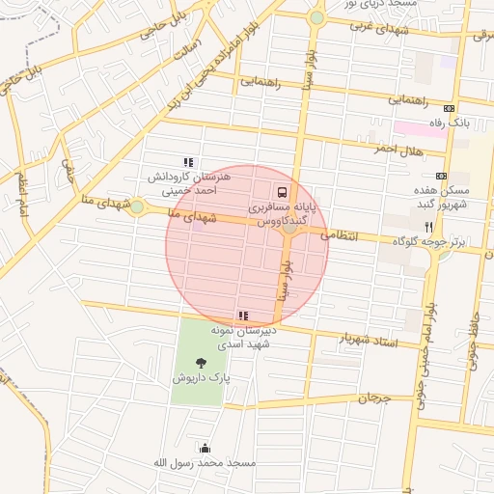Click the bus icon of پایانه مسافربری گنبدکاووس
click(x=281, y=192)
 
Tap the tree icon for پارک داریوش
click(x=200, y=363)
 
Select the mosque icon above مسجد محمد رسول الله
click(x=205, y=448)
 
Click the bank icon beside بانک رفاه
click(x=449, y=108)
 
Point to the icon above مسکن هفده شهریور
click(x=441, y=176)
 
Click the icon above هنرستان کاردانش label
click(x=189, y=163)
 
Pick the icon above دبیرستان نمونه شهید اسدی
click(x=243, y=316)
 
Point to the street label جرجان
click(x=376, y=398)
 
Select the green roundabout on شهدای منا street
click(x=137, y=206)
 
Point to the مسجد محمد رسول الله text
click(x=205, y=463)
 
